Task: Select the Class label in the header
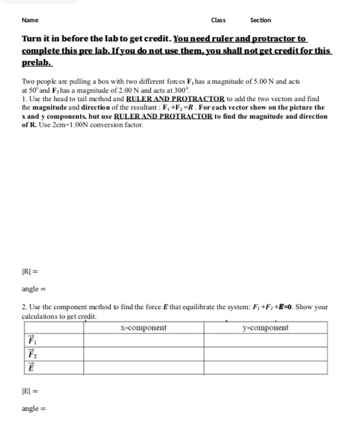coord(218,20)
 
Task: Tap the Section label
coord(260,20)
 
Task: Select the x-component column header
coord(143,328)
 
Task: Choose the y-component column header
coord(265,328)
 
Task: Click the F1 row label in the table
coord(31,340)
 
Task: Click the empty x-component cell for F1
coord(143,340)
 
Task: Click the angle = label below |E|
coord(34,408)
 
